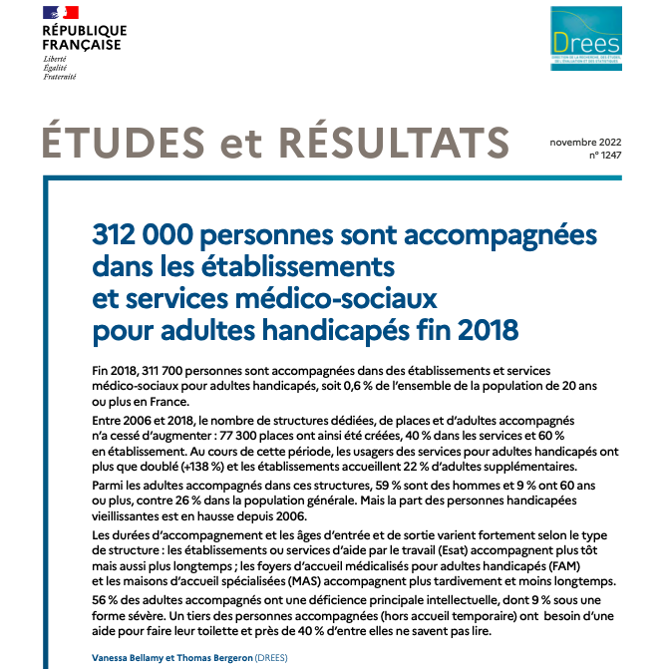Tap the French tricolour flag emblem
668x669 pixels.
tap(62, 13)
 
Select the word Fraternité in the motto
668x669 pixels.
tap(60, 77)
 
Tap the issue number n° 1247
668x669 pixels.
tap(602, 156)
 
